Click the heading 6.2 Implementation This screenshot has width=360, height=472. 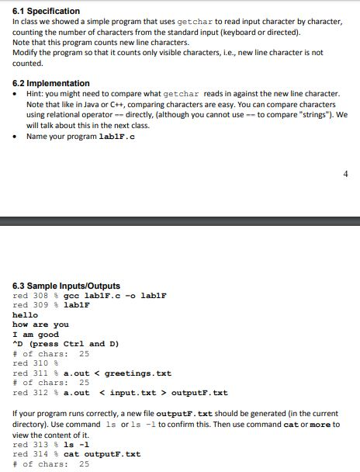click(x=51, y=83)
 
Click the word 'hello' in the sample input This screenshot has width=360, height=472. click(x=26, y=315)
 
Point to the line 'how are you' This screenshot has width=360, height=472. click(x=41, y=324)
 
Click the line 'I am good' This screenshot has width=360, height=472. click(x=36, y=335)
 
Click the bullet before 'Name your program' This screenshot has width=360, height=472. click(x=17, y=137)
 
